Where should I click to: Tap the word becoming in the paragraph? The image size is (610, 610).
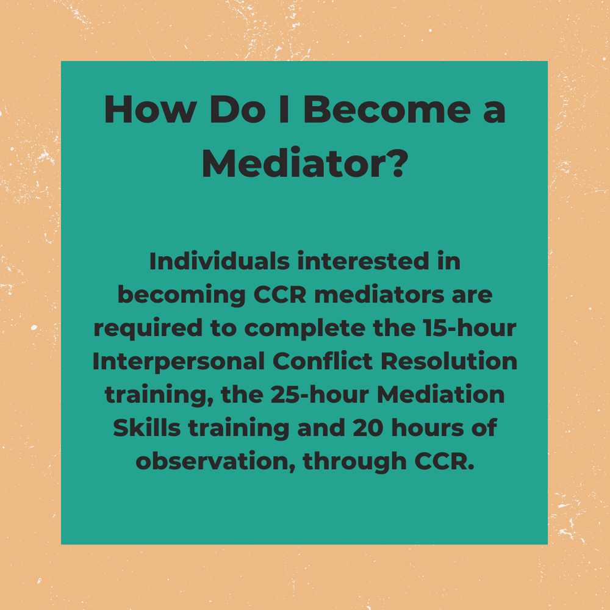coord(179,296)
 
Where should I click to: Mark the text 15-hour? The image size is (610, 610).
coord(478,329)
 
